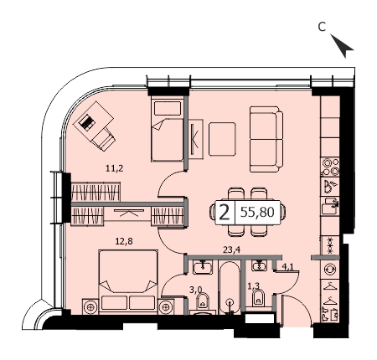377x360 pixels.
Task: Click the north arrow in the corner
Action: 344,46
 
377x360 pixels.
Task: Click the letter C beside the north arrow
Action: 322,27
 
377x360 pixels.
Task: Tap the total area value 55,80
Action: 257,212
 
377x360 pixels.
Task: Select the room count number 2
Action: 225,213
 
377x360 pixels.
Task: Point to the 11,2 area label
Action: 115,168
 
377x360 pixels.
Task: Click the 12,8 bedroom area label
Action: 124,241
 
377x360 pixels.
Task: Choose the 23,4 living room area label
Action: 231,249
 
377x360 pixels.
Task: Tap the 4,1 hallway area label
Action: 287,267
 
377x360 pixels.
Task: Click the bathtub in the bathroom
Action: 230,288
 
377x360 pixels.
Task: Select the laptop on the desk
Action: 86,122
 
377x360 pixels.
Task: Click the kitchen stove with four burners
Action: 331,167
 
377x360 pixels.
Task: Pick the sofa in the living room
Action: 266,139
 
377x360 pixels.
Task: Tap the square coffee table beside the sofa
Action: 222,139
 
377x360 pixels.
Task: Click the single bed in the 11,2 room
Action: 167,129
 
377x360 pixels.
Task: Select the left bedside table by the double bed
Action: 90,307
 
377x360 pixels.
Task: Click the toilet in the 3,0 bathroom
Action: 203,301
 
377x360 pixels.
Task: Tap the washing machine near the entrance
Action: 331,270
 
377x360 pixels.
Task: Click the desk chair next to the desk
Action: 104,140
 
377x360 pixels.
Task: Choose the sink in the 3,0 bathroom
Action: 203,267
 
